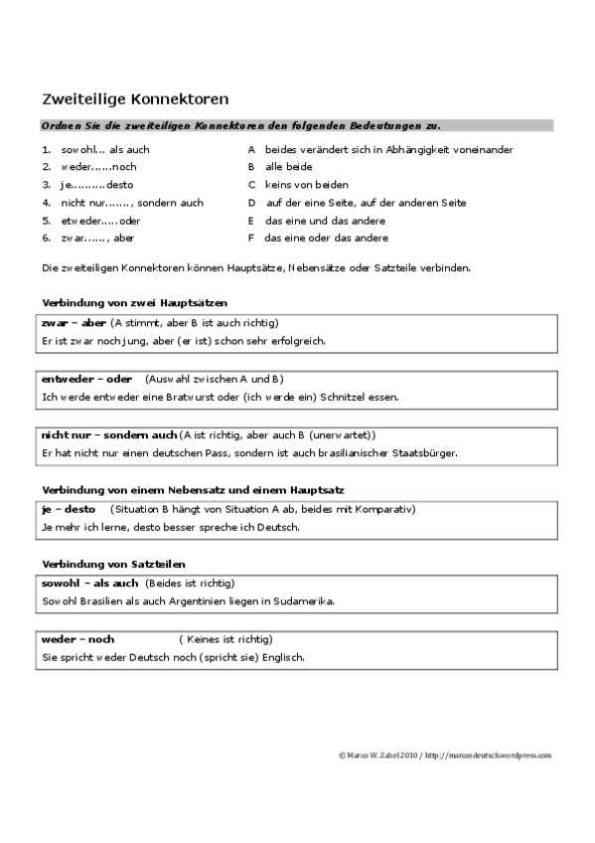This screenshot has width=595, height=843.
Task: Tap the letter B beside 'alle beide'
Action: click(251, 167)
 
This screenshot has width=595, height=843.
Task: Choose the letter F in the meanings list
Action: click(251, 239)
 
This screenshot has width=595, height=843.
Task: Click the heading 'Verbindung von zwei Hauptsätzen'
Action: click(135, 302)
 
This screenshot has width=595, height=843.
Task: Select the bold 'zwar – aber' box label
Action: click(73, 323)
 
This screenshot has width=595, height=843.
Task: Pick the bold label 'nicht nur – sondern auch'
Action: click(109, 435)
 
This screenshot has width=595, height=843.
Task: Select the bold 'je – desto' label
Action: click(68, 509)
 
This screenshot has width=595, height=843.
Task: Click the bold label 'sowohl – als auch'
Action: click(89, 583)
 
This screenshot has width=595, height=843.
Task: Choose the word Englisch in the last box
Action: click(282, 657)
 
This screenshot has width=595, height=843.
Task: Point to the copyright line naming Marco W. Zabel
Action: click(443, 756)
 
